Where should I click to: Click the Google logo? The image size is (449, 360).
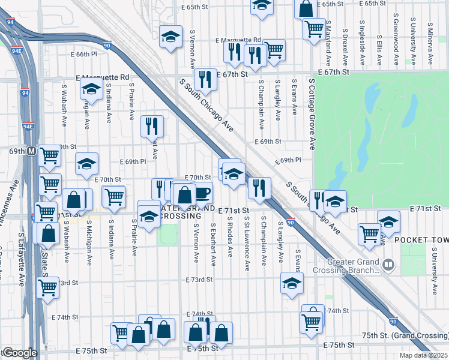(19, 353)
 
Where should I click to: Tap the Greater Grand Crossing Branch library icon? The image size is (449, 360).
(388, 264)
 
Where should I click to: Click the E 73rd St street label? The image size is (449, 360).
(200, 280)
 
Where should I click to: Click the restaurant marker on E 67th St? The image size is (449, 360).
(205, 80)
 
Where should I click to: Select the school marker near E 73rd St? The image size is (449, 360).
(292, 284)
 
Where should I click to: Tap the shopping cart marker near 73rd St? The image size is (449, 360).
(48, 287)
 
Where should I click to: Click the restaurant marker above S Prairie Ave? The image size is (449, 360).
(151, 127)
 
